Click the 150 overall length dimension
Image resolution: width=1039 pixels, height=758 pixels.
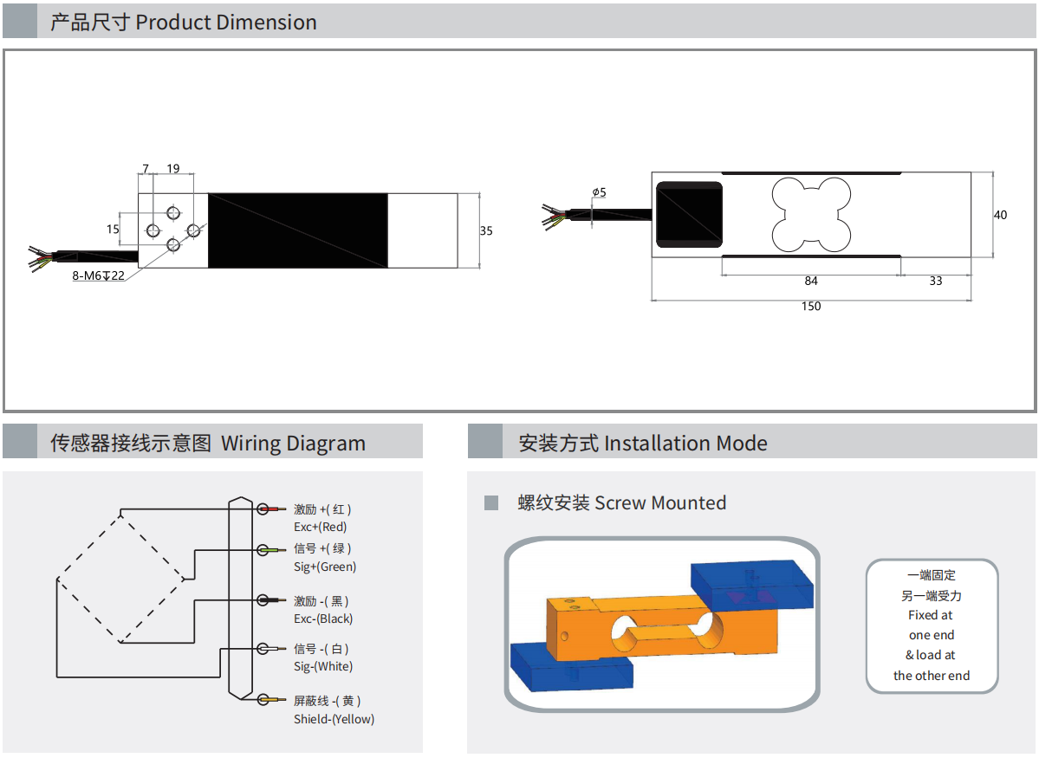click(x=811, y=306)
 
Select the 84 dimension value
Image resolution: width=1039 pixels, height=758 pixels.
click(x=811, y=281)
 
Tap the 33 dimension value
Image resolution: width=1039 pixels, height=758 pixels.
click(x=936, y=281)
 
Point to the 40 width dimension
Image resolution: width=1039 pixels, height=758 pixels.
click(x=1001, y=215)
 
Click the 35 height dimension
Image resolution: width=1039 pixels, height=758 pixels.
click(x=486, y=230)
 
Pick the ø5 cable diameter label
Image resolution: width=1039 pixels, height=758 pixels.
click(x=599, y=192)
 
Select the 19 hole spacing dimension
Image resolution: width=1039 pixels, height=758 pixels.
click(x=173, y=168)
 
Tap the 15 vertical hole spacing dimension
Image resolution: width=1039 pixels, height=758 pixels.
click(x=113, y=230)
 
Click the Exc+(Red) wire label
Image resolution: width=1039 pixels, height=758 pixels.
click(x=320, y=527)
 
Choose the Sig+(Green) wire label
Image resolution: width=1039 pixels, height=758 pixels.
click(x=325, y=567)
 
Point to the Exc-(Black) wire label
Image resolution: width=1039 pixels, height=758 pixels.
click(x=323, y=619)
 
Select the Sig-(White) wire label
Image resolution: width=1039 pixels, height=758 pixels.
click(x=323, y=666)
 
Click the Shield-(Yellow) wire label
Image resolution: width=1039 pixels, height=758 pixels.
click(x=334, y=719)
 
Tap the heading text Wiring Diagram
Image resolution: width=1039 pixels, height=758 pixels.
click(x=293, y=444)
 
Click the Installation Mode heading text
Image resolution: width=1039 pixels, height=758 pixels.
click(x=685, y=444)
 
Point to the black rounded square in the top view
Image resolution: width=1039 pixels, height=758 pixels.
click(x=689, y=215)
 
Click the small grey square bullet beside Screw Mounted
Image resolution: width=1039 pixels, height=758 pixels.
click(x=491, y=502)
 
